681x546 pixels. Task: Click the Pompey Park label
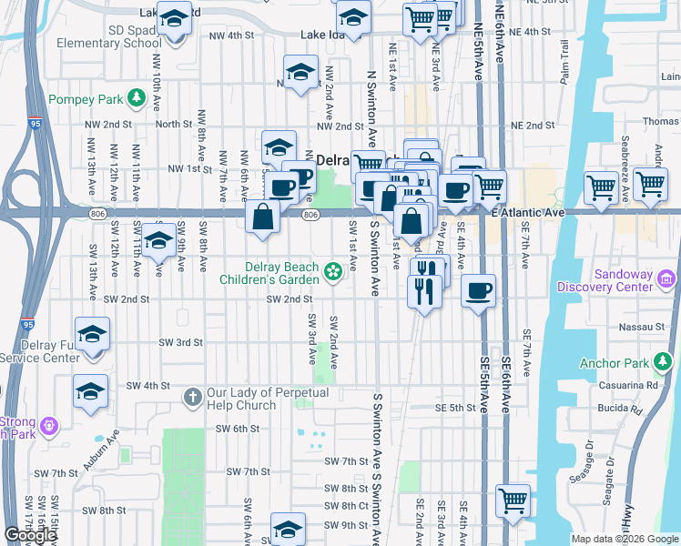[x=85, y=99]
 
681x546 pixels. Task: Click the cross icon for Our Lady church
[x=191, y=397]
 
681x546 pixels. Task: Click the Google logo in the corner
[x=30, y=535]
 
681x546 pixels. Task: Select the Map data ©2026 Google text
[x=625, y=539]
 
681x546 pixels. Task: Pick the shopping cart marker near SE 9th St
[x=513, y=500]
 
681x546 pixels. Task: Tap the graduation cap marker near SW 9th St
[x=288, y=529]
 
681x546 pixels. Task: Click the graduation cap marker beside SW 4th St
[x=89, y=391]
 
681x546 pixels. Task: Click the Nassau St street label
[x=645, y=326]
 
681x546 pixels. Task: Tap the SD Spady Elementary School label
[x=96, y=35]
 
